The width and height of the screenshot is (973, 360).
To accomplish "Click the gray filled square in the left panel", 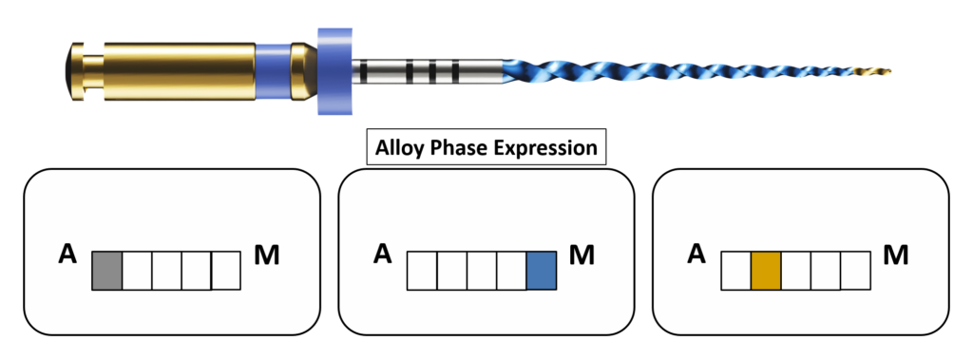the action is (106, 271).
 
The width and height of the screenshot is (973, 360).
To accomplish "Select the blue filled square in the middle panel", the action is (541, 271).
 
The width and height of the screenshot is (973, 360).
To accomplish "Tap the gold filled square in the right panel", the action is (766, 271).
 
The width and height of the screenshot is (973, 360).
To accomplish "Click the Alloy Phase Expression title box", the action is (486, 147).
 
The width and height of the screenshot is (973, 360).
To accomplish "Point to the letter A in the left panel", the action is (67, 254).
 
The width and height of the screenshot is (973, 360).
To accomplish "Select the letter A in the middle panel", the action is (383, 254).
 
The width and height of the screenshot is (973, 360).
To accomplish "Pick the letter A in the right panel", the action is (697, 254).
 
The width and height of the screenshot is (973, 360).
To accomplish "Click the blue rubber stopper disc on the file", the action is (334, 70).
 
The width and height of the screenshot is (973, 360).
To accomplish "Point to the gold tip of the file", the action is (880, 70).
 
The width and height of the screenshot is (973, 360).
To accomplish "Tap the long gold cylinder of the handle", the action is (180, 71).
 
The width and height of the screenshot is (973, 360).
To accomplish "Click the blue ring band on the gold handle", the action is (273, 71).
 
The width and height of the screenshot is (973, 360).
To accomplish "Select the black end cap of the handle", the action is (68, 71).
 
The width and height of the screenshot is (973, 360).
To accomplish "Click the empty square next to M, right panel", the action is (855, 270).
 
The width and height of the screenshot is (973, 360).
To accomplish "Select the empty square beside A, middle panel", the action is (422, 271).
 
